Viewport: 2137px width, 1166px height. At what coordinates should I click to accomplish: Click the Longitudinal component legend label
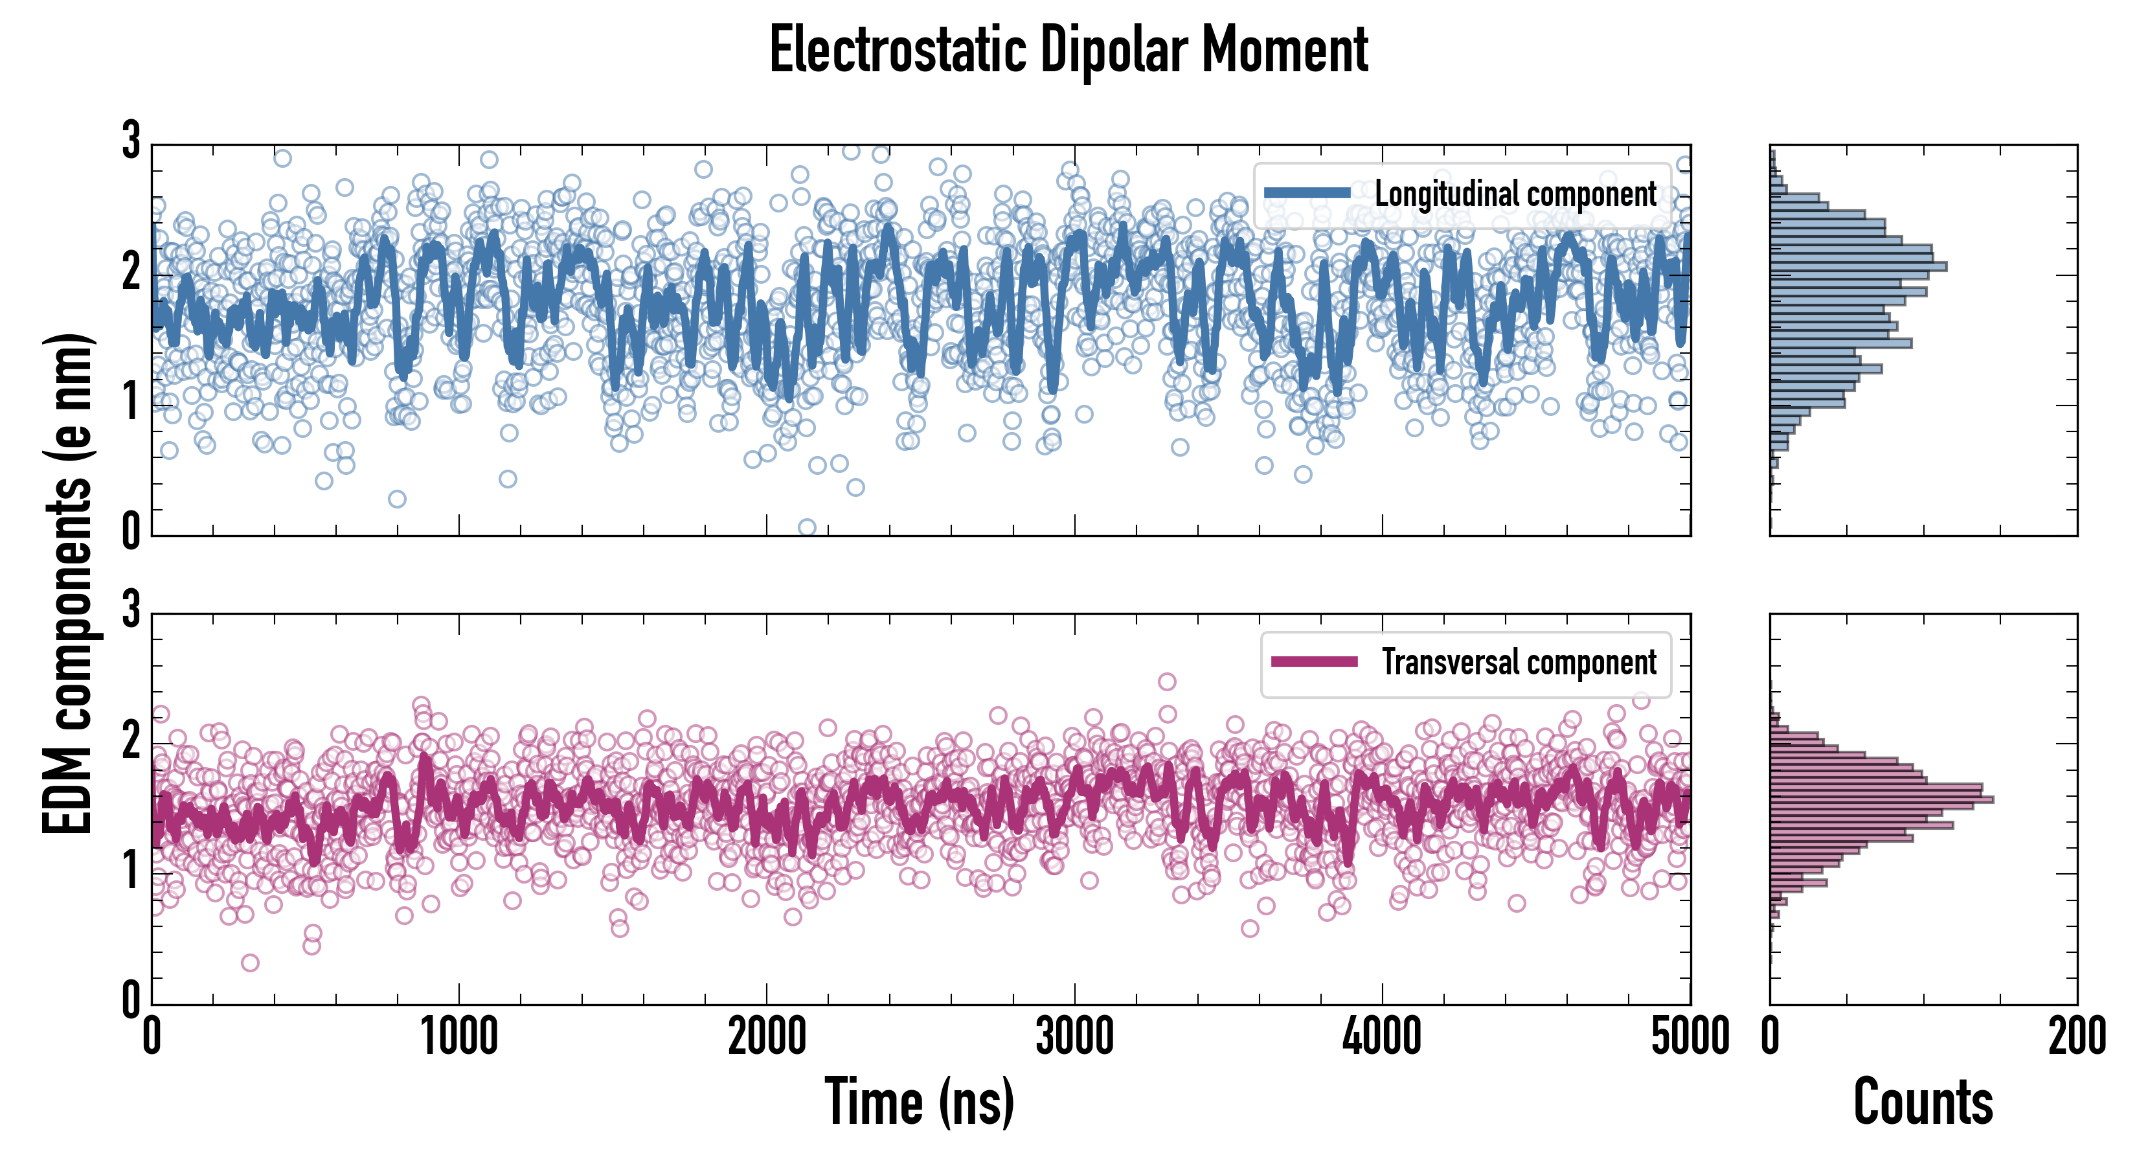tap(1515, 194)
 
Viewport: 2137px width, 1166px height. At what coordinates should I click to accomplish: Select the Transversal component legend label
tap(1518, 662)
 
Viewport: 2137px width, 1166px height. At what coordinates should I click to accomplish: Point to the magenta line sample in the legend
tap(1314, 661)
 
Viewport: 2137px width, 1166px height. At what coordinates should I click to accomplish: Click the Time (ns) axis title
tap(919, 1102)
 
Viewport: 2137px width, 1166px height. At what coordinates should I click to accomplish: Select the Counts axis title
tap(1923, 1102)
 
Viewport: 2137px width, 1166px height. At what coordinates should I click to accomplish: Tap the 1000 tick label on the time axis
tap(458, 1037)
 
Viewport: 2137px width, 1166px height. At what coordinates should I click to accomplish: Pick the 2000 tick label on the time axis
tap(767, 1037)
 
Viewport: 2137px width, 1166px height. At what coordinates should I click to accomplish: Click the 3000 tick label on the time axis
tap(1074, 1037)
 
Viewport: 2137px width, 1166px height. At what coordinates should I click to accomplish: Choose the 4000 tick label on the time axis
tap(1382, 1037)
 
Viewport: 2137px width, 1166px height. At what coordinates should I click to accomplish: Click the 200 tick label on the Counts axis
tap(2076, 1037)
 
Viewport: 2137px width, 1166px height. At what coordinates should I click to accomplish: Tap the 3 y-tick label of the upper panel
tap(131, 141)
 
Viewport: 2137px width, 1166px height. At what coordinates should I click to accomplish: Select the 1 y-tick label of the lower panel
tap(131, 871)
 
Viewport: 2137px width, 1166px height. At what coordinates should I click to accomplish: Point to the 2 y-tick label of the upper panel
tap(131, 271)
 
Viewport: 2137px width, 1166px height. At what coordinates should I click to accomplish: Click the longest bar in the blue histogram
tap(1859, 266)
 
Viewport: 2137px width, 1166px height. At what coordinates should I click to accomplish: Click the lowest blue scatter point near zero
tap(806, 527)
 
